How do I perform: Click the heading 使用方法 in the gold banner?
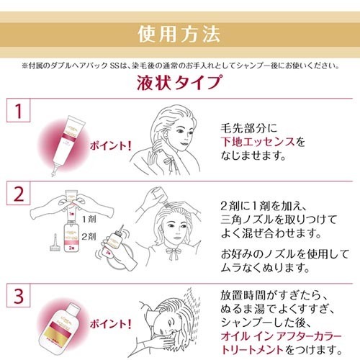click(179, 34)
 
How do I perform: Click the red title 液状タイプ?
click(179, 82)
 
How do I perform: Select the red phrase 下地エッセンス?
click(255, 142)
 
